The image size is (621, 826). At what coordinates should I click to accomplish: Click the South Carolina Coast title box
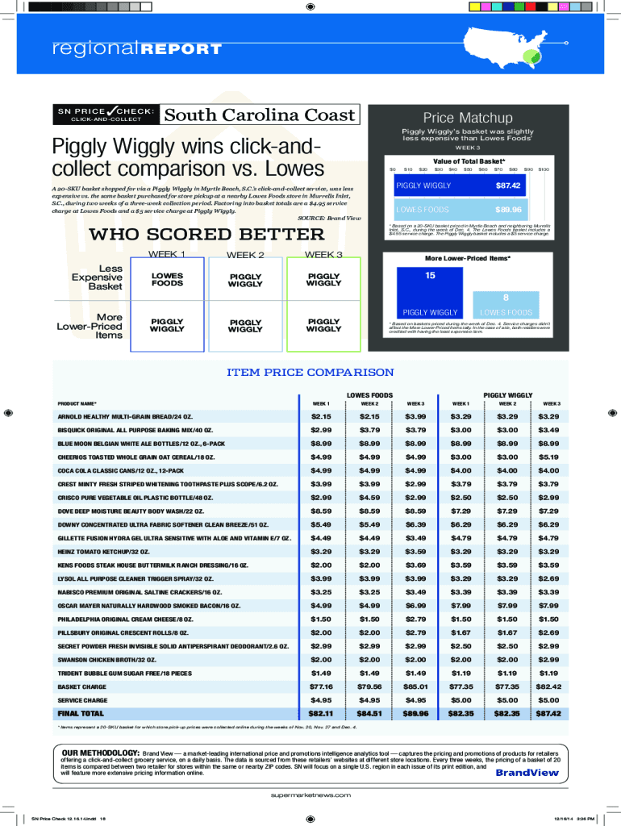(260, 115)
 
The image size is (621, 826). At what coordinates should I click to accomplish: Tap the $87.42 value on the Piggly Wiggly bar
(506, 186)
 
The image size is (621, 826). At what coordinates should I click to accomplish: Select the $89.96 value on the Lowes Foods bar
(507, 210)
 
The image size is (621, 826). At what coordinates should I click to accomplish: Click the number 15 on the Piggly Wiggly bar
(430, 276)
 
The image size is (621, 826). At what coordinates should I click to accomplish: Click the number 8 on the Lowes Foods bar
(506, 298)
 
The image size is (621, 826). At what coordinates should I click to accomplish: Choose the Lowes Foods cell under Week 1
(167, 279)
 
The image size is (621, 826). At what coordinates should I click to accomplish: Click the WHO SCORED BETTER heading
(206, 235)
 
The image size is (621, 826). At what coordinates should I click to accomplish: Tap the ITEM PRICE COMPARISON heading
(310, 373)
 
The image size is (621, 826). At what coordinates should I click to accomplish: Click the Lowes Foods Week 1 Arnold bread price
(321, 416)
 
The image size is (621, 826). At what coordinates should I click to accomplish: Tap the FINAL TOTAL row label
(81, 714)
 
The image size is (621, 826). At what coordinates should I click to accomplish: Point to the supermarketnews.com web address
(310, 795)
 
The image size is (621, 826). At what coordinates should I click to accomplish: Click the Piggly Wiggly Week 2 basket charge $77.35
(507, 686)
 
